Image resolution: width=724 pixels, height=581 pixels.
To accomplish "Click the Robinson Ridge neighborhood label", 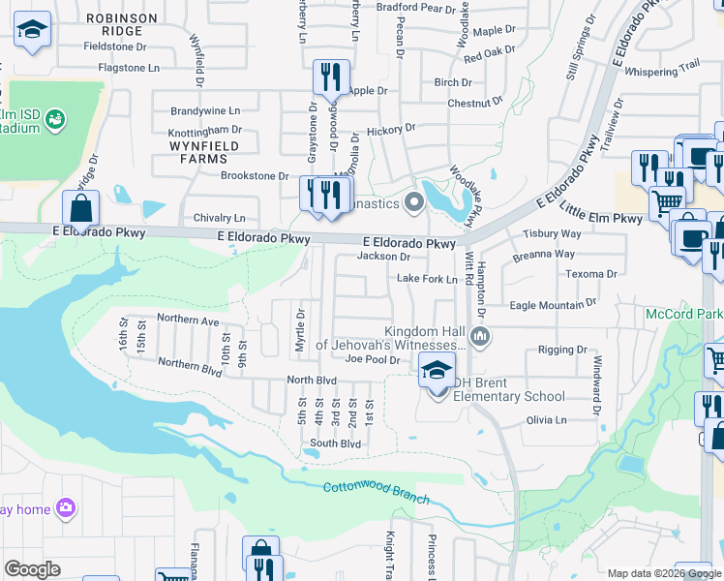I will tap(122, 24).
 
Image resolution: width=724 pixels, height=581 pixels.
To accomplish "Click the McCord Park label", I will tap(683, 315).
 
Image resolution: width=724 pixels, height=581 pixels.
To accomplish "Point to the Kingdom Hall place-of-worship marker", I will tap(481, 337).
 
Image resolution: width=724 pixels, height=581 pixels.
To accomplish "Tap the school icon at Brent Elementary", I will tap(436, 369).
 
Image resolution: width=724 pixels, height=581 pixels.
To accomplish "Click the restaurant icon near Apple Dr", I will tap(331, 76).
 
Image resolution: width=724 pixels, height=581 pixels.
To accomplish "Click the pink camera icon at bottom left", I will tap(65, 506).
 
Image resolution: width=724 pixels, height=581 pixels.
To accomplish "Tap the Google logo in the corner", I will tap(32, 568).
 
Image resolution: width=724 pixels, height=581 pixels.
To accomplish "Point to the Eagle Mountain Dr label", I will tap(553, 305).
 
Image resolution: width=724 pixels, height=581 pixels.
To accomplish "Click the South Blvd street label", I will tap(335, 443).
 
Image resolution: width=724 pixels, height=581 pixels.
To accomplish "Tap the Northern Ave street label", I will tap(189, 320).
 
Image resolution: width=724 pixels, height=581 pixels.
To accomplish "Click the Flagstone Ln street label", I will tap(129, 68).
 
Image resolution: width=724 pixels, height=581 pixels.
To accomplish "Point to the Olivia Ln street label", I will tap(547, 420).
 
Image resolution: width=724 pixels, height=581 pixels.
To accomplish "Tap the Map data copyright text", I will tap(664, 572).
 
